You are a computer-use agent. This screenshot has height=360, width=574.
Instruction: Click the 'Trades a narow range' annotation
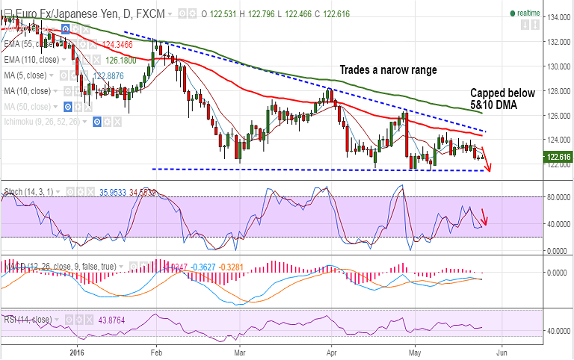click(x=389, y=70)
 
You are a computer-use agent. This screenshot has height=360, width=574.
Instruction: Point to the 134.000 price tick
click(x=555, y=17)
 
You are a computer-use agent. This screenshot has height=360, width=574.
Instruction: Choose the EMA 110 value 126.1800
click(x=120, y=60)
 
